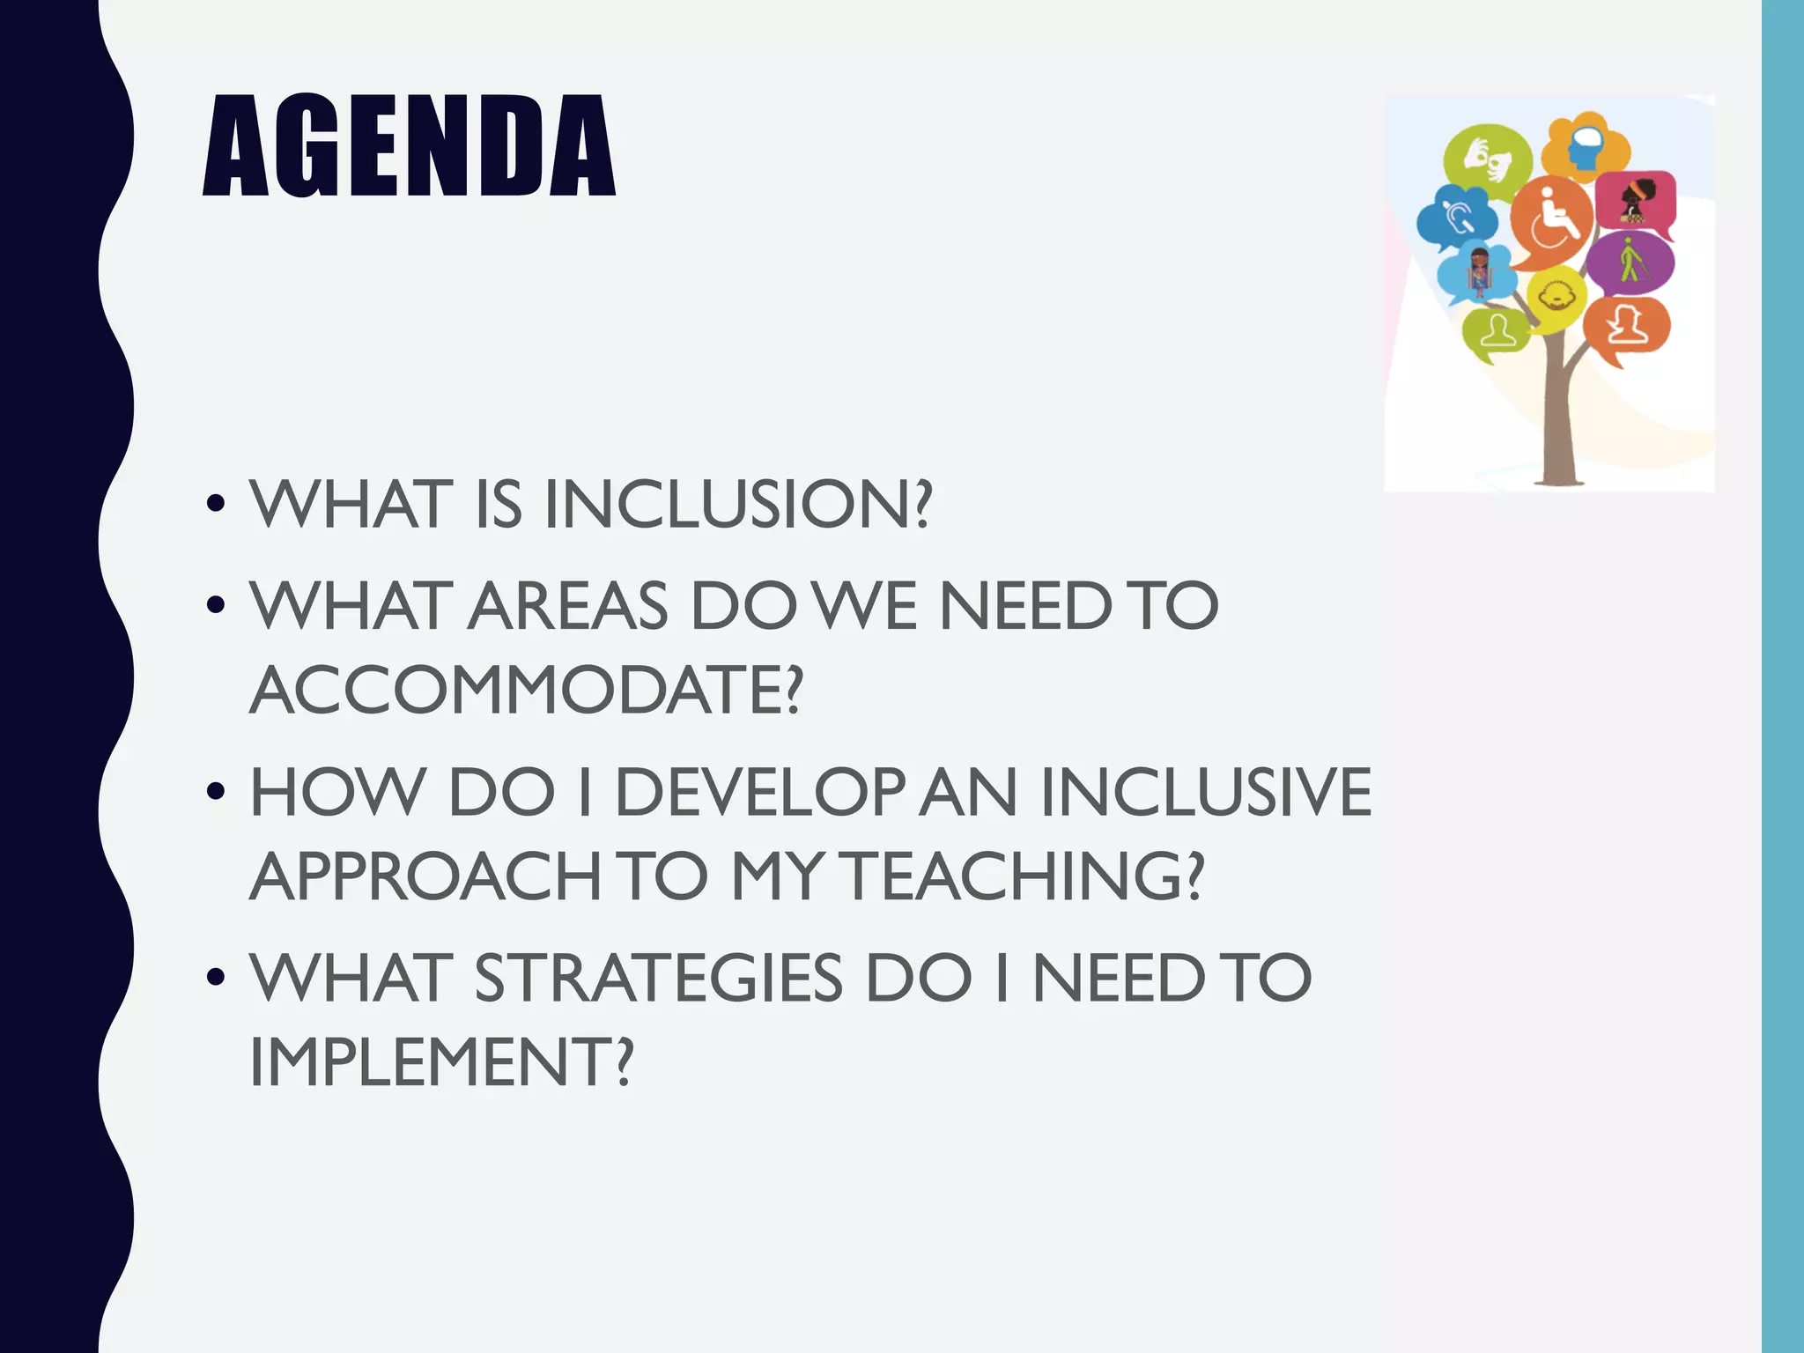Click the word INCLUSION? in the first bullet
tap(737, 505)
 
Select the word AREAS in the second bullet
tap(568, 606)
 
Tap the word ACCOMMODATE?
tap(526, 690)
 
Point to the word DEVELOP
tap(759, 792)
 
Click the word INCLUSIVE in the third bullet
tap(1205, 792)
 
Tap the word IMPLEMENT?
tap(441, 1062)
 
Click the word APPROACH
tap(425, 876)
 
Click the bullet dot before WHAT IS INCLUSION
tap(215, 506)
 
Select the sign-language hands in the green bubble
tap(1487, 159)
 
